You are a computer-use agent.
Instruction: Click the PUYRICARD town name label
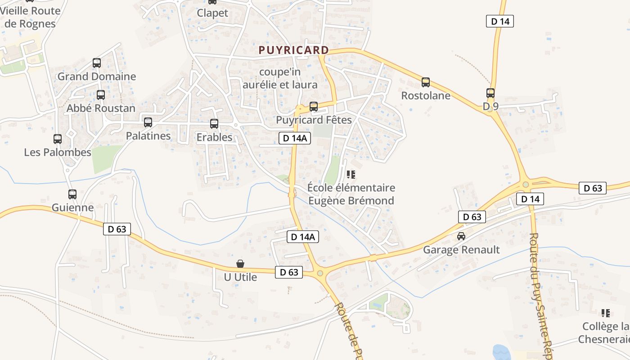pos(294,50)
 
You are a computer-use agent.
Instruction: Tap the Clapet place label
pos(212,13)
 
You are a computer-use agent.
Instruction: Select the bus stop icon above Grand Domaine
pos(97,63)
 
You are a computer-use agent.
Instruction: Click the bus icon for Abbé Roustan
pos(101,95)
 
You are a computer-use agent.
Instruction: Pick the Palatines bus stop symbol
pos(148,122)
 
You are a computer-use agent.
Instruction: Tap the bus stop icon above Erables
pos(214,124)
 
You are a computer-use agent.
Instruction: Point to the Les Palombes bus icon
pos(58,139)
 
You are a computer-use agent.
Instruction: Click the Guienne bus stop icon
pos(72,194)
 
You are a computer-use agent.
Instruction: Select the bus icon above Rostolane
pos(426,82)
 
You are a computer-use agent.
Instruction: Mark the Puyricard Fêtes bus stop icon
pos(314,107)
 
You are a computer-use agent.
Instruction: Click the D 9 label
pos(491,106)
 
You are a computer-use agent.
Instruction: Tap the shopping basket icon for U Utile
pos(241,264)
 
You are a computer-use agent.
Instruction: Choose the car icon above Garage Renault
pos(461,236)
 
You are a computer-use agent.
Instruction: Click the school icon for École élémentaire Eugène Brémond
pos(351,174)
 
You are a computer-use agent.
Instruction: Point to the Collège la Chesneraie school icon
pos(606,313)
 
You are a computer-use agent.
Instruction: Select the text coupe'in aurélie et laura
pos(280,78)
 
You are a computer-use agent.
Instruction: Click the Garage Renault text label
pos(461,250)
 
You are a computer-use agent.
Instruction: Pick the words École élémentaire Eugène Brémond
pos(351,194)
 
